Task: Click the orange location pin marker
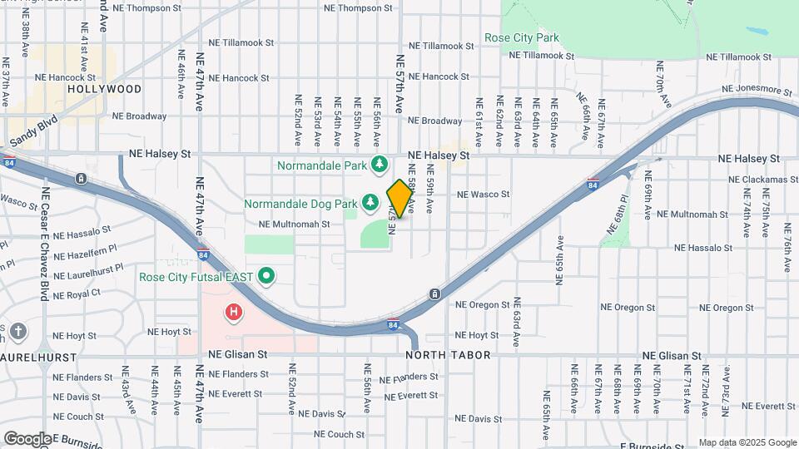pos(399,198)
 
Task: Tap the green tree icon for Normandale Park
pos(380,164)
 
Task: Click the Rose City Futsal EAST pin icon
pos(266,276)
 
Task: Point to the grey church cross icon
pos(19,332)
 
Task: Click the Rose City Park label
pos(522,37)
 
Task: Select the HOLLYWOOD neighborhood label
pos(104,88)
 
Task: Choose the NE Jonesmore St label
pos(757,89)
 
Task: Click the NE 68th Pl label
pos(616,214)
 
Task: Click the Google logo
pos(27,438)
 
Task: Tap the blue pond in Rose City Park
pos(758,32)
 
